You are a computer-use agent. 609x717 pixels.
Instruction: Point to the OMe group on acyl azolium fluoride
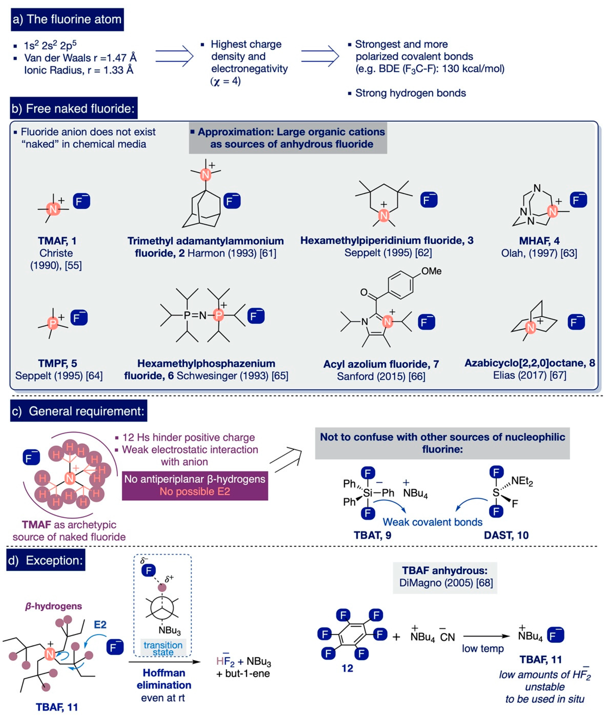pos(431,271)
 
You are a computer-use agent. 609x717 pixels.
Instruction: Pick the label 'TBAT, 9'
pos(372,535)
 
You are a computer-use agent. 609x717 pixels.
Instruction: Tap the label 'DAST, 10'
pos(506,535)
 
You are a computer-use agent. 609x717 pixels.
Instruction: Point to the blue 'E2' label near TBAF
pos(100,625)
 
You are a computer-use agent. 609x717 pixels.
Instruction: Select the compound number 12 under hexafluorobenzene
pos(347,668)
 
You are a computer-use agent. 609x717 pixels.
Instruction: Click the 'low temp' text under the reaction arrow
pos(483,648)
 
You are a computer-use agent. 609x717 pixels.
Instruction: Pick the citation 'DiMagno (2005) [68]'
pos(446,583)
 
